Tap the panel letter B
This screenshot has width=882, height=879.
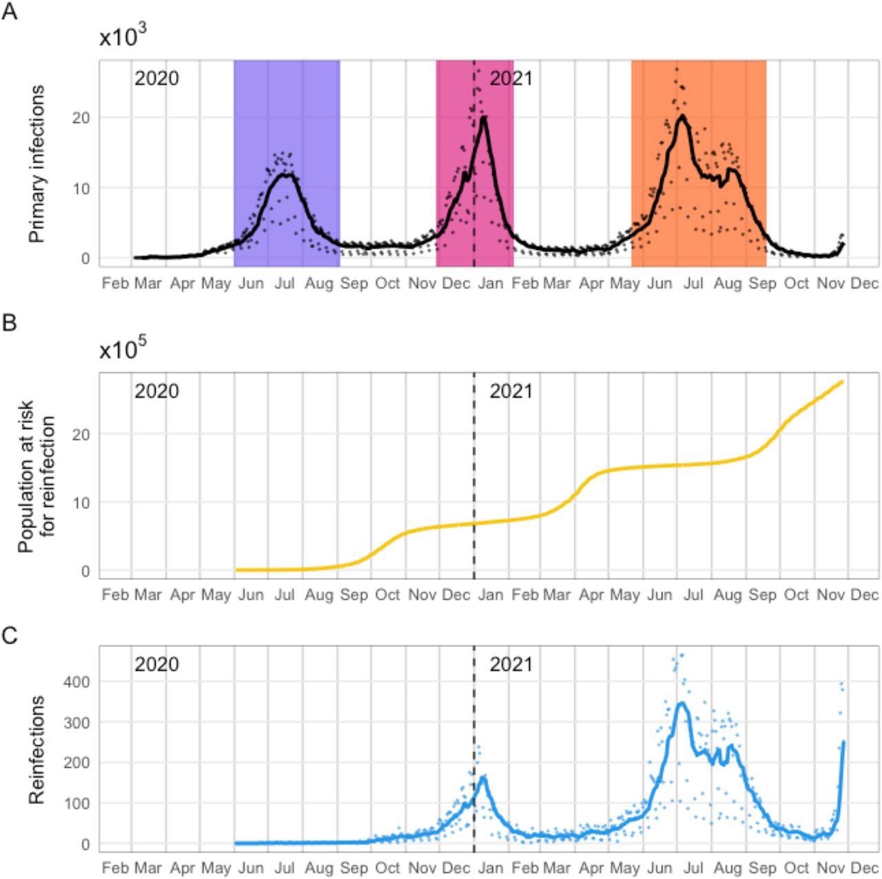[10, 322]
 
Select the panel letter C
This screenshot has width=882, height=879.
[10, 635]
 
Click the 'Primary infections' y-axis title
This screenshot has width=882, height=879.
[37, 163]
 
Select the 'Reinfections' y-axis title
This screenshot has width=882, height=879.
[37, 749]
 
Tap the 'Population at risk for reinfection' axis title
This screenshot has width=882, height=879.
[36, 475]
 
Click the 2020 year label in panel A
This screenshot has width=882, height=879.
[156, 79]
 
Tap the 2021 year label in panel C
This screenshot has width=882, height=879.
[511, 665]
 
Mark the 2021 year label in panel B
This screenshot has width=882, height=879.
[511, 391]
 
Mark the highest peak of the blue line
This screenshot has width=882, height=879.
[681, 703]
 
